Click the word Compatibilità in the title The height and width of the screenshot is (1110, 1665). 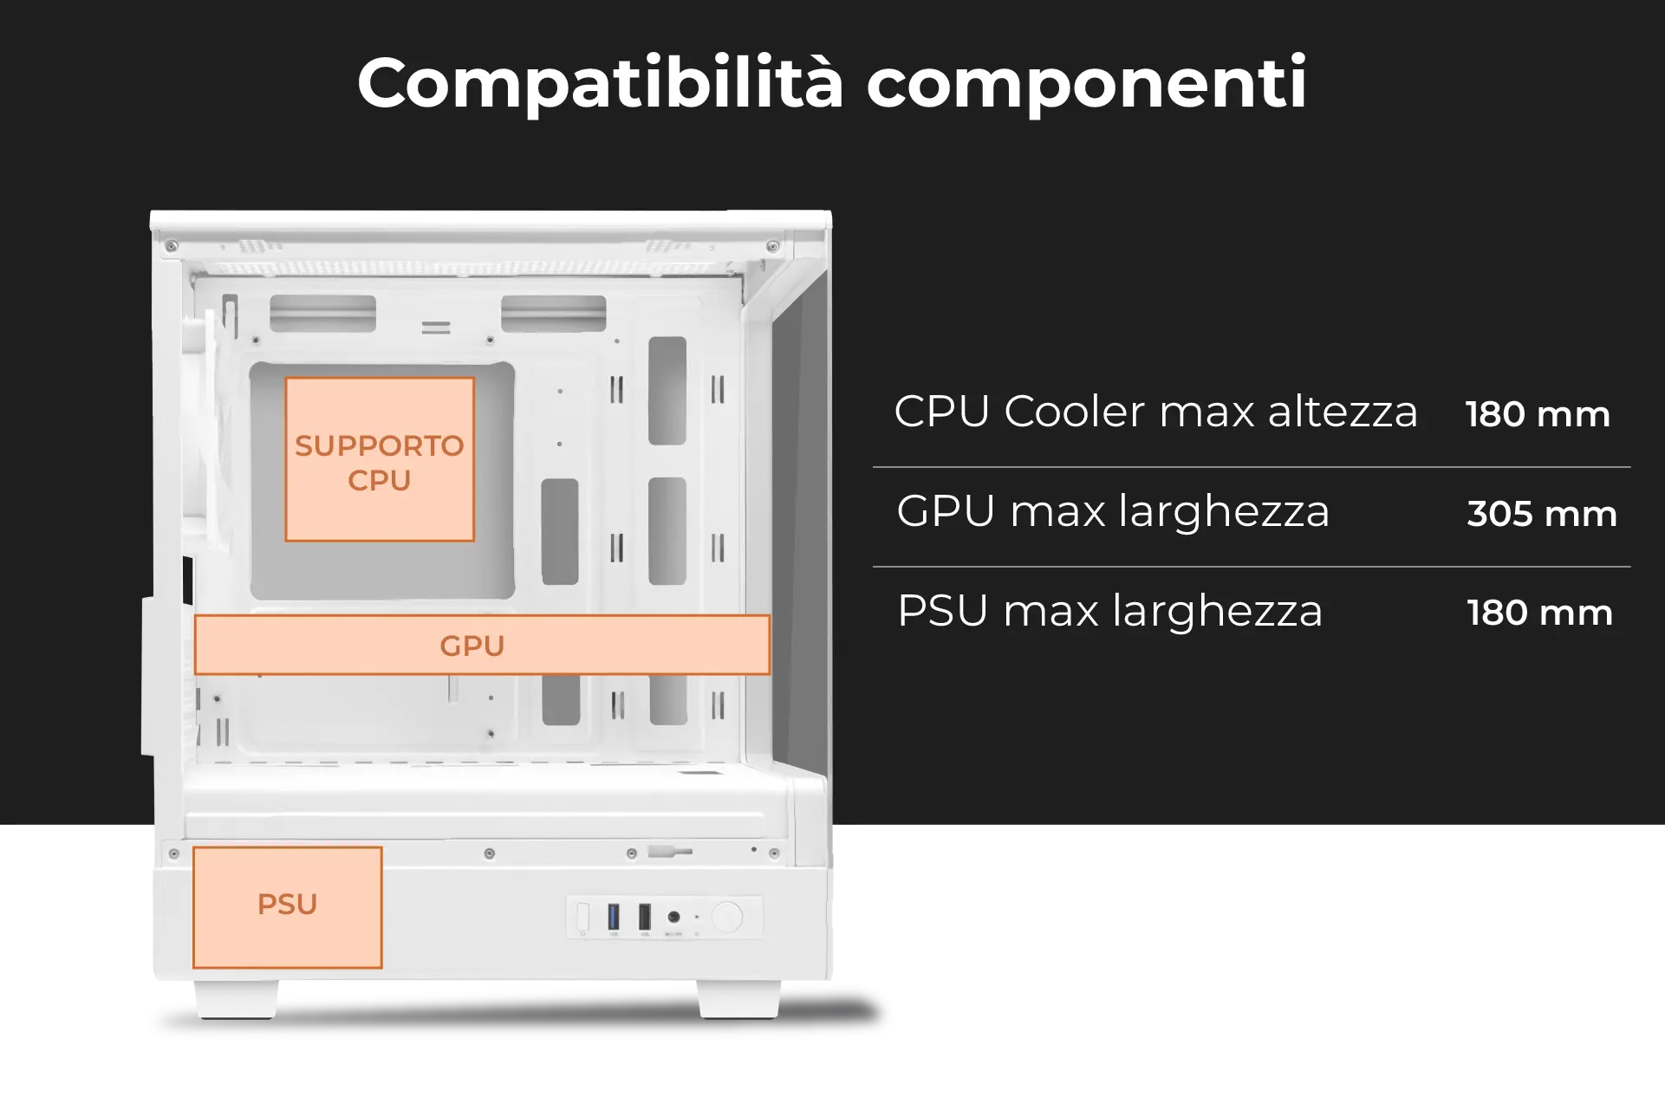(x=600, y=83)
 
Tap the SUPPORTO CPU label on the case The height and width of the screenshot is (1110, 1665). (x=380, y=463)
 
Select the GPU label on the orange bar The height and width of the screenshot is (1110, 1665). (x=472, y=646)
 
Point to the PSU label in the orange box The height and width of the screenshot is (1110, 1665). (x=287, y=904)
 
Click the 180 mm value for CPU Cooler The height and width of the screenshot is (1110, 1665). (x=1538, y=414)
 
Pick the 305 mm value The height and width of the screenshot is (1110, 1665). (x=1542, y=514)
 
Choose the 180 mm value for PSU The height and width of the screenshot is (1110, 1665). (x=1539, y=613)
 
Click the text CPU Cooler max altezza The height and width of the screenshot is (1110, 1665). (x=1155, y=411)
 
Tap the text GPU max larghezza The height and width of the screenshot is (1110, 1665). (x=1113, y=511)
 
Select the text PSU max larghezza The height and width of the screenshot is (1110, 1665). (x=1109, y=611)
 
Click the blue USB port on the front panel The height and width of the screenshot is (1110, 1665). (x=614, y=916)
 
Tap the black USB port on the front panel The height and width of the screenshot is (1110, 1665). (x=645, y=916)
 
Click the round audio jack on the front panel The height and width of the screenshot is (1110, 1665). (x=673, y=917)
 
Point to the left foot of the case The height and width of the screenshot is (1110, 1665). (x=236, y=999)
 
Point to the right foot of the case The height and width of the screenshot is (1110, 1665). (x=738, y=999)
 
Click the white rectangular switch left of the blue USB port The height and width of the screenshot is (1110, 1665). (x=582, y=917)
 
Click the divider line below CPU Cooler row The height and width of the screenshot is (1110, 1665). (x=1252, y=467)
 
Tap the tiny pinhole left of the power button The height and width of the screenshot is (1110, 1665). (x=697, y=917)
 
